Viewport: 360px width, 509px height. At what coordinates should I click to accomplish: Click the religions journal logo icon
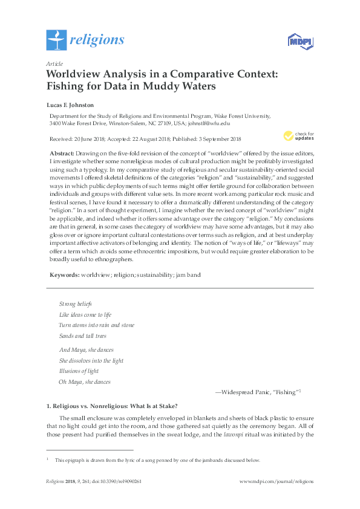pyautogui.click(x=56, y=40)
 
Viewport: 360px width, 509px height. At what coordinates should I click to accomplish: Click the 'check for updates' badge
pyautogui.click(x=295, y=135)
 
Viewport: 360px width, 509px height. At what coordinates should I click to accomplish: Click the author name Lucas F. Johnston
pyautogui.click(x=70, y=103)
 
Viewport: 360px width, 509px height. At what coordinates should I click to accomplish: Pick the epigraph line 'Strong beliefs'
pyautogui.click(x=75, y=303)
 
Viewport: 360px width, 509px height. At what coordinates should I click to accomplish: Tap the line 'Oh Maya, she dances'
pyautogui.click(x=84, y=382)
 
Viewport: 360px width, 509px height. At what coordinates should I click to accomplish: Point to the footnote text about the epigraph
pyautogui.click(x=157, y=460)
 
